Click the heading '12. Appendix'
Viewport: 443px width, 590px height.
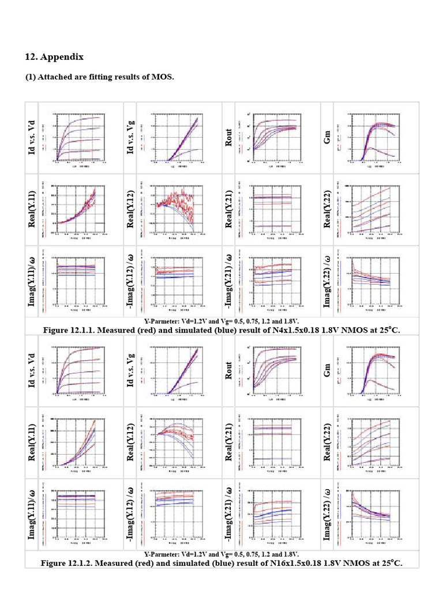54,57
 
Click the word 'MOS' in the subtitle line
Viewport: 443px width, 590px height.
163,77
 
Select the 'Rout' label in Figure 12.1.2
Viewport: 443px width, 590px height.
228,371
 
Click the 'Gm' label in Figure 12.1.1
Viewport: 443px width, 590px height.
327,138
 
